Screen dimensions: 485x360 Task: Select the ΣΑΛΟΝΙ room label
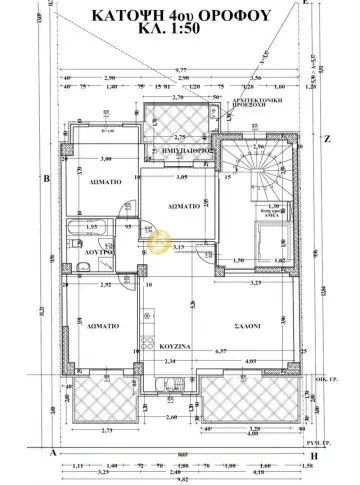coord(249,326)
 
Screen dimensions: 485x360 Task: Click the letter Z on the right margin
coord(326,140)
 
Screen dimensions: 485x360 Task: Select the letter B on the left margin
coord(46,179)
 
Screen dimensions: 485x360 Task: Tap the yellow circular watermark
coord(156,237)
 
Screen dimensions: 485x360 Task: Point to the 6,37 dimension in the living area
coord(192,352)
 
